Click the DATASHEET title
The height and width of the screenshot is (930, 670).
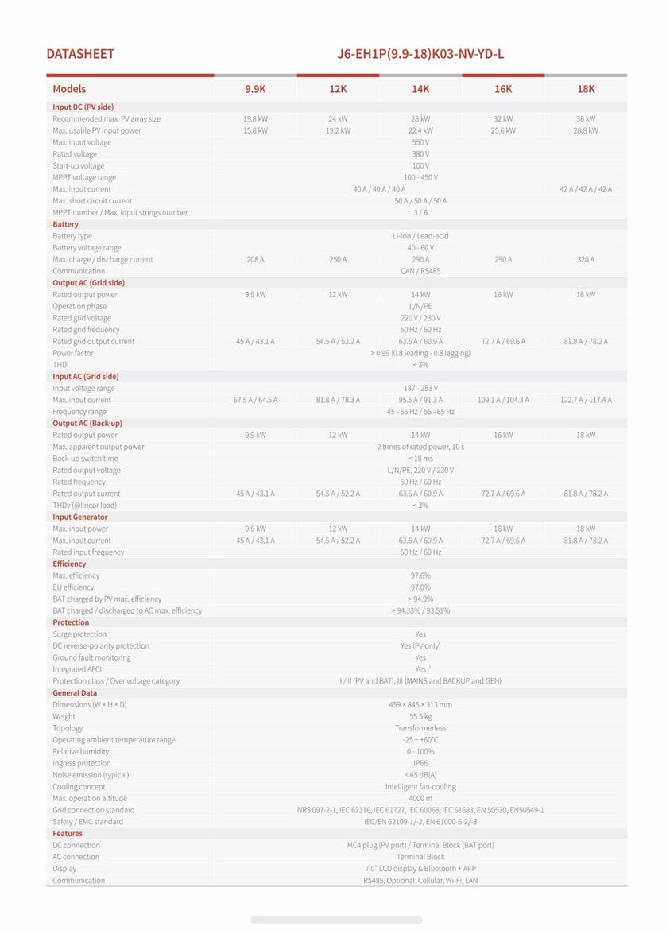pos(80,54)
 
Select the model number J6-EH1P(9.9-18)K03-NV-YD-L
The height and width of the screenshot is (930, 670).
pos(420,54)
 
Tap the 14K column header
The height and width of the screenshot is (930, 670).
pos(420,89)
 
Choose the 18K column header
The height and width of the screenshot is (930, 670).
pos(586,89)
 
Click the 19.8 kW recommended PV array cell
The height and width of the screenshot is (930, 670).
pos(255,118)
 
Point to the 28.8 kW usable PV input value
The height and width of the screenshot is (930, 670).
pos(586,130)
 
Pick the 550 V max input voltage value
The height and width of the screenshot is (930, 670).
pos(420,142)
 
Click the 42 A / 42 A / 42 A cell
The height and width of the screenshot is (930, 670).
pos(586,189)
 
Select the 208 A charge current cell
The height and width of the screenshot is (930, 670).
pos(255,259)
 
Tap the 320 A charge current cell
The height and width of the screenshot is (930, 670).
pos(586,259)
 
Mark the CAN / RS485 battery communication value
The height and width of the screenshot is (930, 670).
pos(420,271)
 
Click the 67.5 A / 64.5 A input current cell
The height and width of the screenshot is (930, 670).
pos(255,400)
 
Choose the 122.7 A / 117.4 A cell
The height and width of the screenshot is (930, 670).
pos(586,400)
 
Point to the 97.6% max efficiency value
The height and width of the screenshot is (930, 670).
pos(420,575)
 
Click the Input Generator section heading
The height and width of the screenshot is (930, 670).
pos(80,517)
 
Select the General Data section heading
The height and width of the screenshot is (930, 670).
pos(75,692)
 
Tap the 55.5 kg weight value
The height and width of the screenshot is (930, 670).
pos(420,716)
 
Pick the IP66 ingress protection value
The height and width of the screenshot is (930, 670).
pos(420,763)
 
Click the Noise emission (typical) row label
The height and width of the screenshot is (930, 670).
pos(91,775)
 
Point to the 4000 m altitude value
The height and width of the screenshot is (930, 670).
pos(420,798)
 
